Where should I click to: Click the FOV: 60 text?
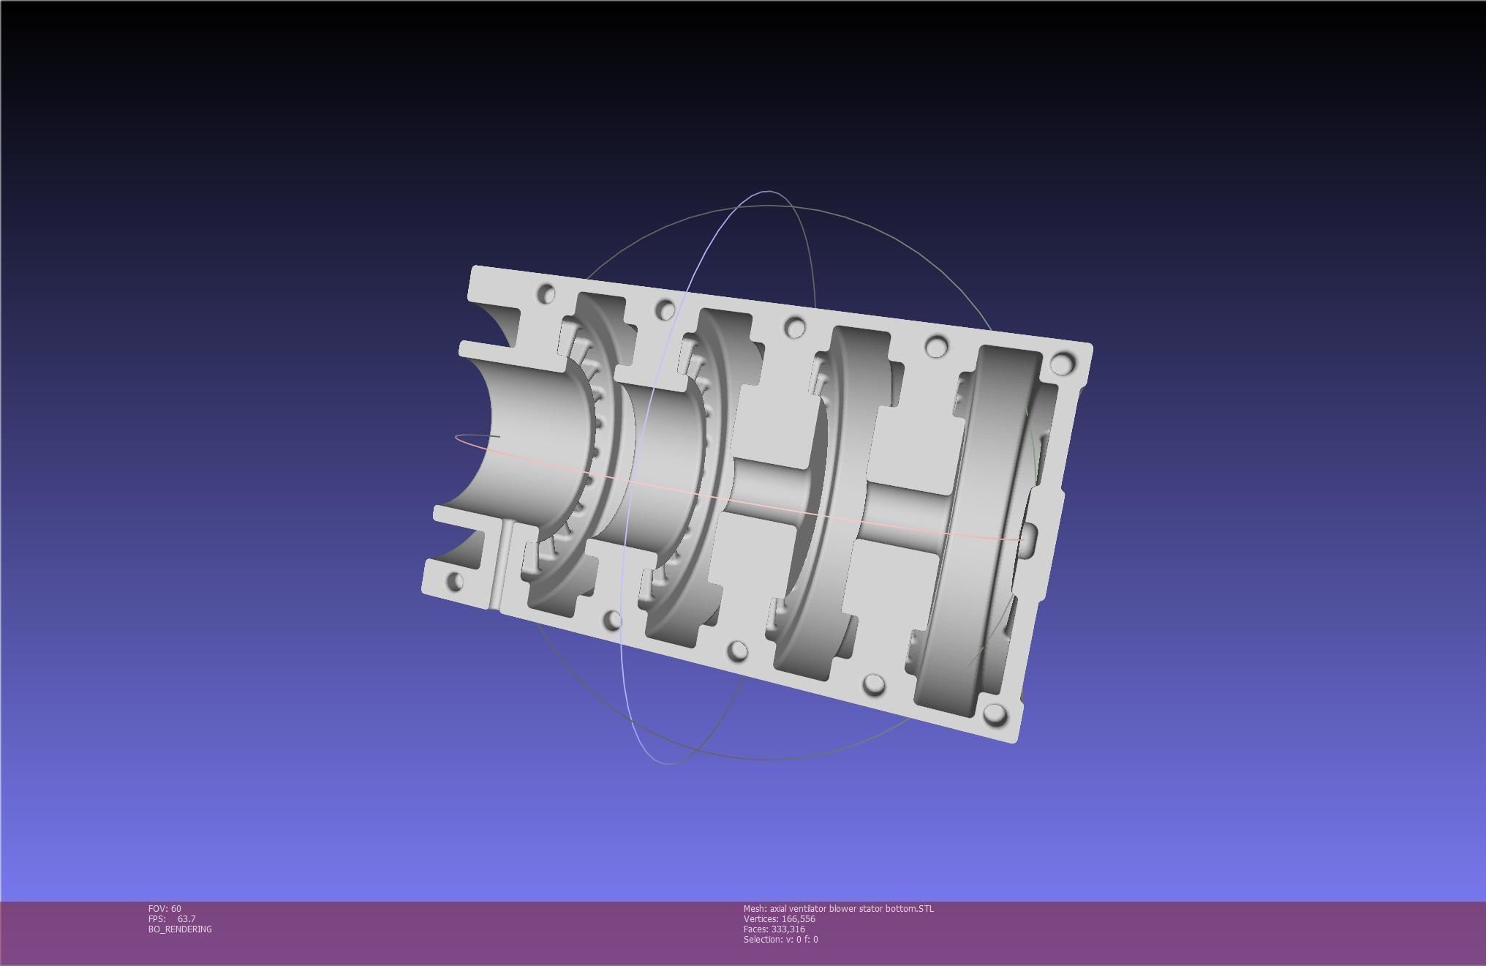coord(165,908)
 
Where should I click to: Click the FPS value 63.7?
coord(186,918)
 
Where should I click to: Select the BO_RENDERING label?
coord(180,929)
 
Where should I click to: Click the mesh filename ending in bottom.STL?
coord(838,908)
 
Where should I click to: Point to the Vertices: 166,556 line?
coord(779,918)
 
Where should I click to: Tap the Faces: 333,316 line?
coord(774,929)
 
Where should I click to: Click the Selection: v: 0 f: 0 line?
coord(780,939)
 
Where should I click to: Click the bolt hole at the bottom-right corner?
coord(995,714)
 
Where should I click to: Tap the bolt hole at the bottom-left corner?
coord(454,583)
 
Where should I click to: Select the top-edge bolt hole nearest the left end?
coord(546,294)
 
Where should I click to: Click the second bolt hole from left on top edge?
coord(665,310)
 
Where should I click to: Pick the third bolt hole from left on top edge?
coord(795,327)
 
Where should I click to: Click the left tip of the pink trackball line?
coord(456,438)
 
